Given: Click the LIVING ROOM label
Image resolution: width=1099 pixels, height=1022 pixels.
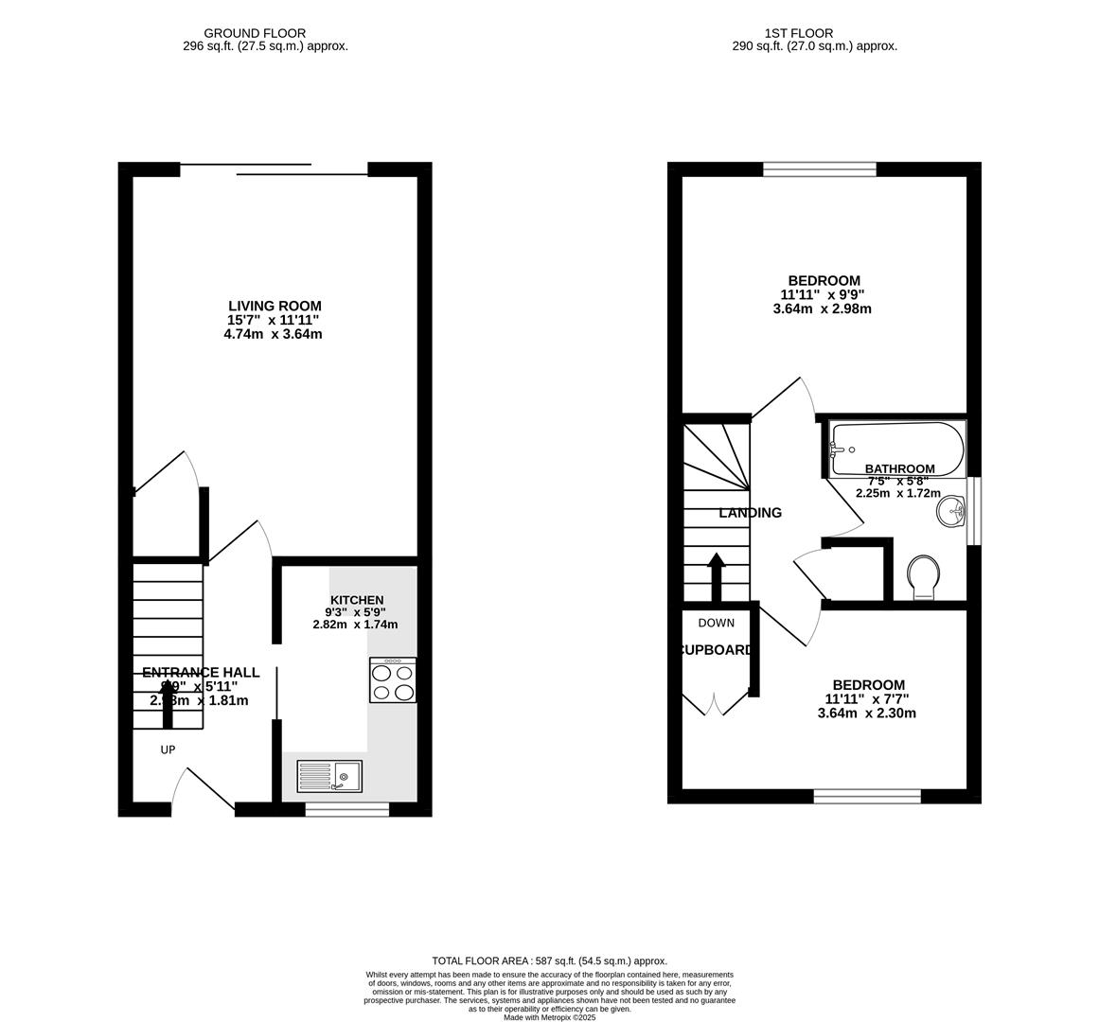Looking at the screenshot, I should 275,306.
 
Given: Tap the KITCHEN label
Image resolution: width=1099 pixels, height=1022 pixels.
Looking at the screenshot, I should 357,600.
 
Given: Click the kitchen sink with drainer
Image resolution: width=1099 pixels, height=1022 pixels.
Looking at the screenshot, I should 329,776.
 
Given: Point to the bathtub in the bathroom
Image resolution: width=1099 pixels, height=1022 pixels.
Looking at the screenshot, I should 895,449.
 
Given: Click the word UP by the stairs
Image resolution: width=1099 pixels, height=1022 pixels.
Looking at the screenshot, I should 168,749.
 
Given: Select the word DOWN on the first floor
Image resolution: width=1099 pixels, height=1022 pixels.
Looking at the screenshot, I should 716,623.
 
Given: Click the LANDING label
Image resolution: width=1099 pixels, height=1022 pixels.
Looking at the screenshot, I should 750,513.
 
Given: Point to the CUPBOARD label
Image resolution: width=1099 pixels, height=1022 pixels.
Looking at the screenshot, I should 717,650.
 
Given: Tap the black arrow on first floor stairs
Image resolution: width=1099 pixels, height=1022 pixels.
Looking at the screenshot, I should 716,576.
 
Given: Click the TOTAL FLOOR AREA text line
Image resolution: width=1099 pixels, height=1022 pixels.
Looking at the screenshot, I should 549,960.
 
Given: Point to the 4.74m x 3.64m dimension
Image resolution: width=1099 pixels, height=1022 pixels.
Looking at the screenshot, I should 273,334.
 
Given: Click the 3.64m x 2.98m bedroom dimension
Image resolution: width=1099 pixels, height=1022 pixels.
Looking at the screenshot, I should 822,308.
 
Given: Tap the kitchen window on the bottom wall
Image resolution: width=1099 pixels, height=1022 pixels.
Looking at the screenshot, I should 346,809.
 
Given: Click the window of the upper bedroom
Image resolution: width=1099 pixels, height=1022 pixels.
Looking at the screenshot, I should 820,170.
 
